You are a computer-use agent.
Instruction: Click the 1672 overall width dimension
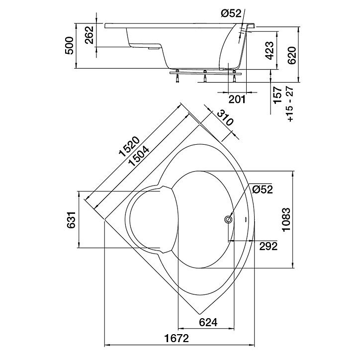point(177,338)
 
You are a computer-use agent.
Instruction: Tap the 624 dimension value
point(208,322)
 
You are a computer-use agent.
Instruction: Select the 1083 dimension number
point(286,220)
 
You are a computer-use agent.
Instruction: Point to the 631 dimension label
point(71,220)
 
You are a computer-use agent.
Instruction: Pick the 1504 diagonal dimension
point(139,156)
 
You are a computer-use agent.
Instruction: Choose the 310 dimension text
point(225,117)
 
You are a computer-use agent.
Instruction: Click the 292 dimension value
point(268,246)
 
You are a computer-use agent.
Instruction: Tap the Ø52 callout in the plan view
point(263,189)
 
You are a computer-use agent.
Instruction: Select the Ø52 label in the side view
point(231,13)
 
